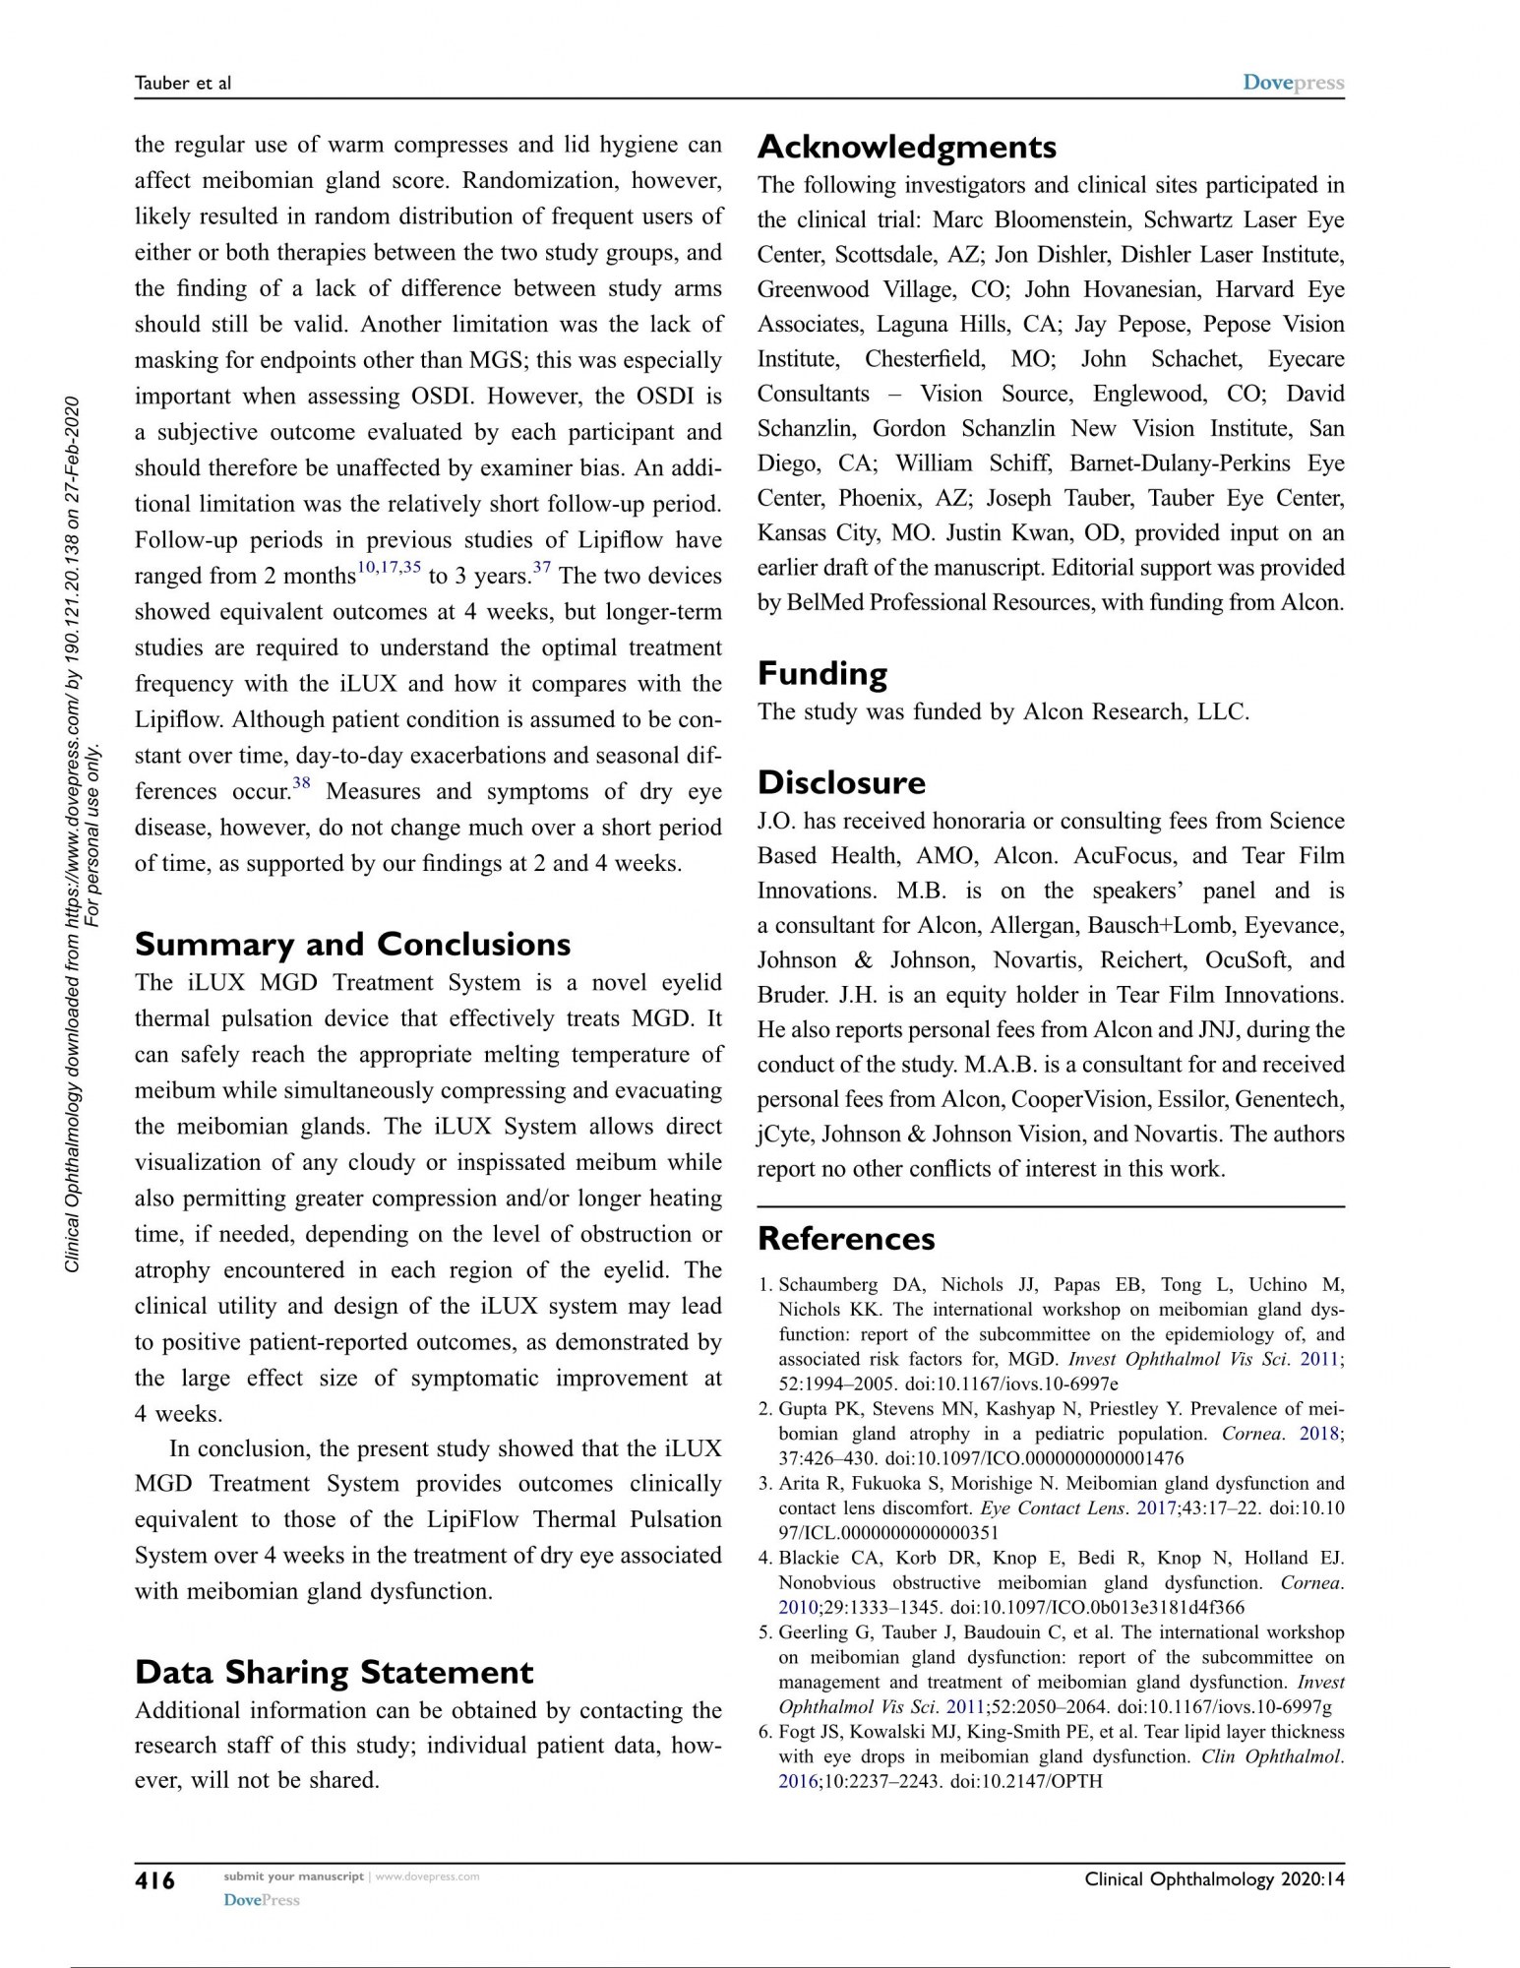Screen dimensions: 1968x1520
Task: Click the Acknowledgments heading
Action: pos(906,148)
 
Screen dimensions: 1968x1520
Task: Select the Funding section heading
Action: pos(821,674)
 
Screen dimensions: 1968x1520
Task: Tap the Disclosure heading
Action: pos(841,783)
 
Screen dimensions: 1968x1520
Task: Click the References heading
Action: pos(846,1239)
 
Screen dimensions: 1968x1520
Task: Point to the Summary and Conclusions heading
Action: pos(352,945)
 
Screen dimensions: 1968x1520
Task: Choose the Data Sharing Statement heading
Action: pos(334,1673)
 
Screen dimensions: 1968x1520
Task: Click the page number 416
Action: pos(154,1880)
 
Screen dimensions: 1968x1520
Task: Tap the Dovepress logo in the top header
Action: pos(1293,83)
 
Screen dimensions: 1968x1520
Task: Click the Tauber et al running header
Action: pos(182,84)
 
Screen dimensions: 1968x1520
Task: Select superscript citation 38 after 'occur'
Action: pos(301,784)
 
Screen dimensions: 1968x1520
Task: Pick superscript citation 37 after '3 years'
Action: pos(541,568)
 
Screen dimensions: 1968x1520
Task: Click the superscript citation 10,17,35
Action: pos(389,568)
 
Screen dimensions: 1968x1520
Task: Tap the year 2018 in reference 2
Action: pos(1319,1434)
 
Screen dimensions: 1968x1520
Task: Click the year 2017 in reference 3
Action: pos(1155,1508)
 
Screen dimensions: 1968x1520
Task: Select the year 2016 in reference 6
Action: pos(797,1781)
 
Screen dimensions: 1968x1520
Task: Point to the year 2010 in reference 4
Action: pos(797,1608)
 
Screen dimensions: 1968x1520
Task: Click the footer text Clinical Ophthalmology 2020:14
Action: pos(1214,1879)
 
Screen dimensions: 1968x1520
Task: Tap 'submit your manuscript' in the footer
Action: pos(293,1876)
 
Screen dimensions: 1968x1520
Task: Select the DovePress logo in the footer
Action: pos(261,1900)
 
